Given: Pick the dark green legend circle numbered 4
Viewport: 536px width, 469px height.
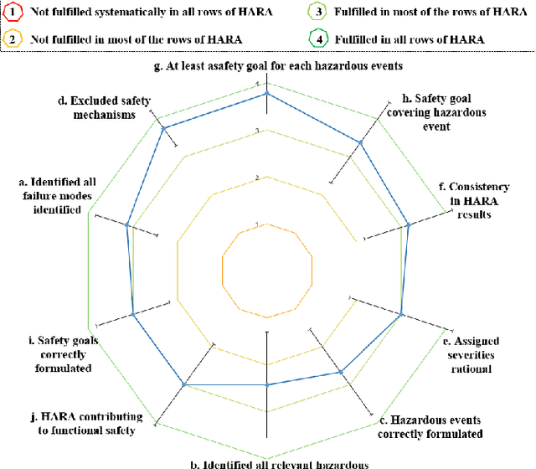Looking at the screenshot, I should point(318,39).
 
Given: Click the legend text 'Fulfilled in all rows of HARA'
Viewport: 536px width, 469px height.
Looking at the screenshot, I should point(409,39).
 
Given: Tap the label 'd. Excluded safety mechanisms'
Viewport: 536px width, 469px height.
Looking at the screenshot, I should point(105,108).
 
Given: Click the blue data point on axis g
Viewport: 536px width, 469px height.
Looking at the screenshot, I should point(267,94).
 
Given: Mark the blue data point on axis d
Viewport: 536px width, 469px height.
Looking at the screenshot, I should point(164,128).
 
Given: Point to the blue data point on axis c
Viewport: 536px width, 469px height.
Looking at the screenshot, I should point(341,370).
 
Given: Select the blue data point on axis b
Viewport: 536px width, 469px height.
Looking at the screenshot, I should point(267,385).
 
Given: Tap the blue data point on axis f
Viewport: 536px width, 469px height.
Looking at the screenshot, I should point(408,224).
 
